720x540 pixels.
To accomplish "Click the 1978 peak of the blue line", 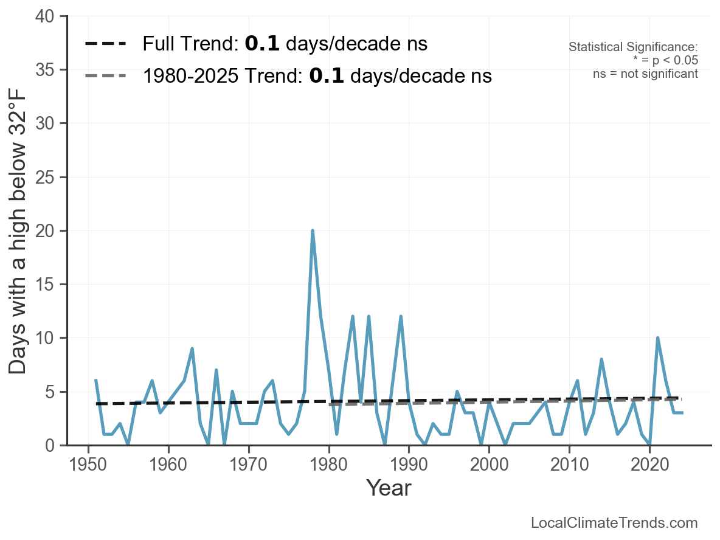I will point(313,231).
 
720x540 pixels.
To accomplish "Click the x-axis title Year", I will point(389,488).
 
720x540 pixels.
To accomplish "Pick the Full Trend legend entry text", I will point(285,44).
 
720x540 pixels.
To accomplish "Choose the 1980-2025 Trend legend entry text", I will point(317,75).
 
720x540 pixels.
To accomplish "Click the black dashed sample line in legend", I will point(105,44).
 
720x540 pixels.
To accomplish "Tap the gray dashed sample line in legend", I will point(105,75).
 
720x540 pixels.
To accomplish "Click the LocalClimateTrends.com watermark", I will point(614,523).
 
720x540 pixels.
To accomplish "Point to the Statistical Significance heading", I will point(633,47).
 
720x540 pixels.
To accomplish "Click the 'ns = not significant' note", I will point(645,74).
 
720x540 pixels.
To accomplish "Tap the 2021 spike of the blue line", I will point(657,338).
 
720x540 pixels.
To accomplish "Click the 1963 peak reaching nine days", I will point(192,349).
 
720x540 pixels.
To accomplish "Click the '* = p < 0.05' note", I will point(665,61).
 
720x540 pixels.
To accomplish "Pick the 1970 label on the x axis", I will point(248,466).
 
